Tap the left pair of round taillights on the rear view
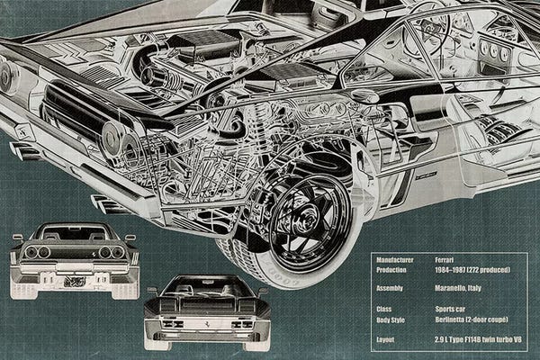pyautogui.click(x=38, y=252)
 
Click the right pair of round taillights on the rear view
pyautogui.click(x=112, y=252)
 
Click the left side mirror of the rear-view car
pyautogui.click(x=17, y=238)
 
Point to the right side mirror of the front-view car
pyautogui.click(x=262, y=291)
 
